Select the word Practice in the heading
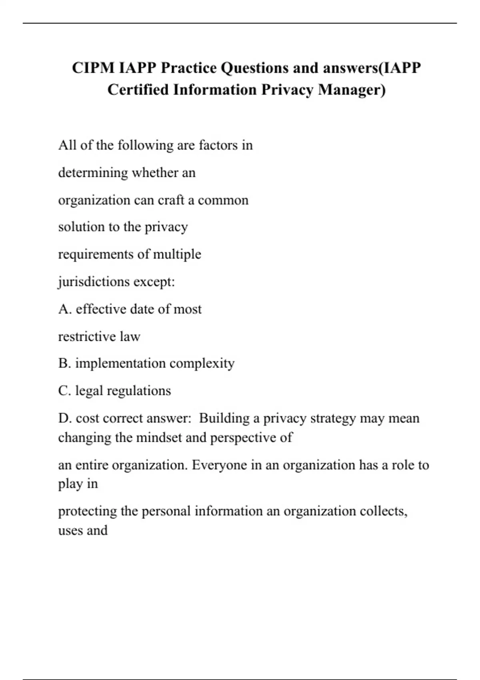[x=189, y=68]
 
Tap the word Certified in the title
[x=138, y=90]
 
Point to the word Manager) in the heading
[x=352, y=90]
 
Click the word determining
[x=93, y=173]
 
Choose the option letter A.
[x=64, y=309]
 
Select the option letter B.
[x=64, y=364]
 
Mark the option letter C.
[x=64, y=391]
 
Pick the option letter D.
[x=64, y=418]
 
